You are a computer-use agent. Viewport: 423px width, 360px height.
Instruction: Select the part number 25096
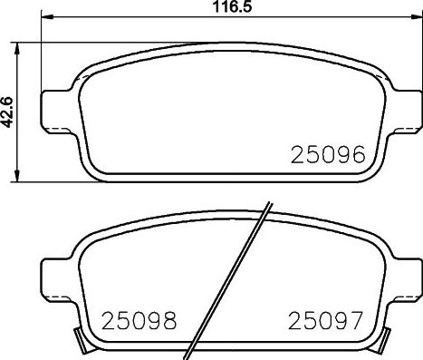point(327,154)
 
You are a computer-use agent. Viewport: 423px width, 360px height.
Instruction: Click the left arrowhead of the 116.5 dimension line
point(47,19)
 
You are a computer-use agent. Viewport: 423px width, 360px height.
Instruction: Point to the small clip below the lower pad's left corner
point(82,343)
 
